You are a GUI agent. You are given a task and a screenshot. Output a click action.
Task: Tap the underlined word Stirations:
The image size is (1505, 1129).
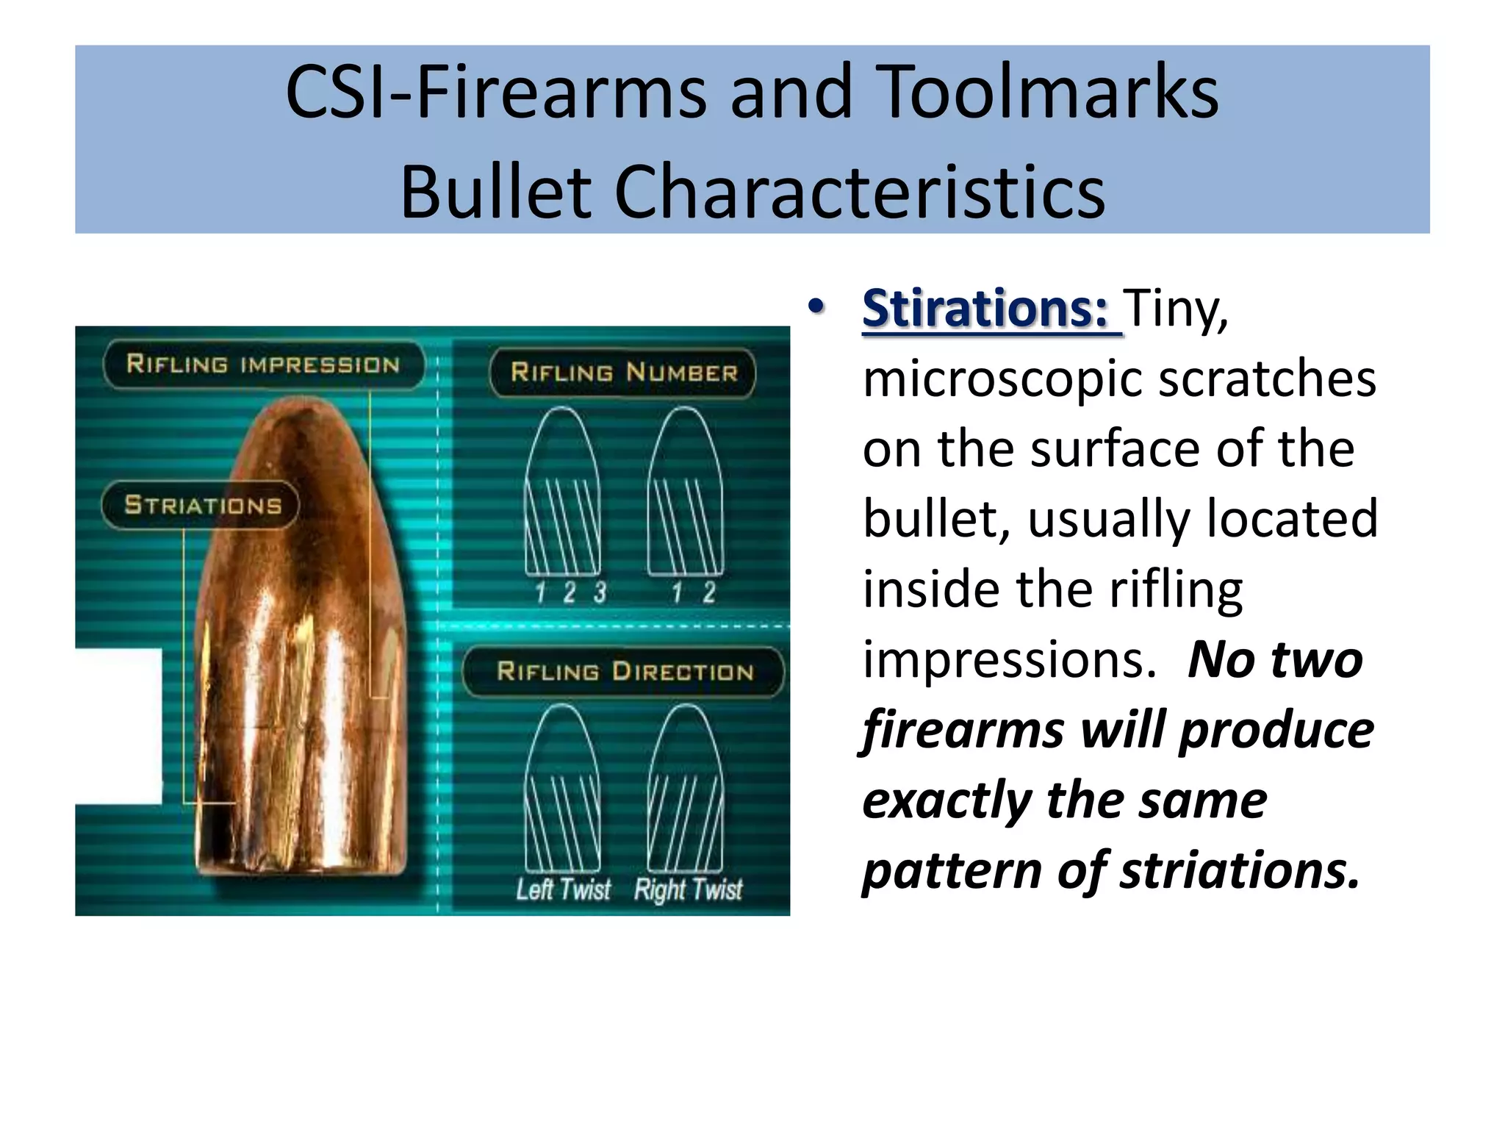click(x=985, y=309)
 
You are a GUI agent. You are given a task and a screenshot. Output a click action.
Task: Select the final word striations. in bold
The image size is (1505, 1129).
click(x=1240, y=870)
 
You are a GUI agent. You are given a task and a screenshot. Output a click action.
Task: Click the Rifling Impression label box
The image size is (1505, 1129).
click(x=263, y=365)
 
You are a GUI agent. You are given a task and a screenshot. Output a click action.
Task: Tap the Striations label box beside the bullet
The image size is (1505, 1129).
click(x=201, y=505)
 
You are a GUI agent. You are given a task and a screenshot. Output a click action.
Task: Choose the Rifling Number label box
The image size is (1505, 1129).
click(x=623, y=373)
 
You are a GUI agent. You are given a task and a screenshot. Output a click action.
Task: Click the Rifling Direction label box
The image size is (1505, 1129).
click(x=624, y=671)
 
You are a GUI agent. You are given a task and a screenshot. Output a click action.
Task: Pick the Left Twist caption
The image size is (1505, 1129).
click(x=563, y=889)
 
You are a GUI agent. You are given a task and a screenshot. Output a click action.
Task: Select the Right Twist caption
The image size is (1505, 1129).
click(x=689, y=889)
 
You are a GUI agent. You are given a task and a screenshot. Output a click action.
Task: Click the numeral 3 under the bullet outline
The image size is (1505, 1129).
click(x=600, y=592)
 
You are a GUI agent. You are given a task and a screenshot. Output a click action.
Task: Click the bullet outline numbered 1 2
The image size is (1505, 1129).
click(x=686, y=492)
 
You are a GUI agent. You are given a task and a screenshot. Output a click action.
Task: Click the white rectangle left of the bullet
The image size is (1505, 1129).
click(x=118, y=726)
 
